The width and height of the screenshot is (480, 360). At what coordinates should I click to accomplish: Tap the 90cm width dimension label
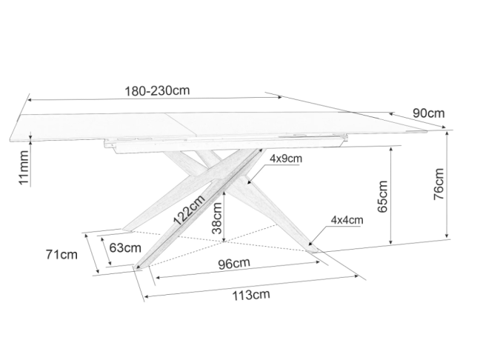428,113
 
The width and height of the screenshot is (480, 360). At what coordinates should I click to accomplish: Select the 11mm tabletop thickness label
24,167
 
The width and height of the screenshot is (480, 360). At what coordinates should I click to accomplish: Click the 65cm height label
383,196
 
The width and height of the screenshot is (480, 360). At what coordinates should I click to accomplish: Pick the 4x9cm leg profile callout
286,159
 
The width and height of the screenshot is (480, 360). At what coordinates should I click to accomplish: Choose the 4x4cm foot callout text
347,219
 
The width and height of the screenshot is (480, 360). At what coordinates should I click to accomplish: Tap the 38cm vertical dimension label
217,219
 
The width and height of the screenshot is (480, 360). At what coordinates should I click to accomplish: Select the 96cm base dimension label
234,263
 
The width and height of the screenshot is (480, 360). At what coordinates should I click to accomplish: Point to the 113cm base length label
250,295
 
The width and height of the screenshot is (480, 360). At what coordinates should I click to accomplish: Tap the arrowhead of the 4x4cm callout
310,243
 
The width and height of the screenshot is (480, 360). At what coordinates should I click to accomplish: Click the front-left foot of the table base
141,267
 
